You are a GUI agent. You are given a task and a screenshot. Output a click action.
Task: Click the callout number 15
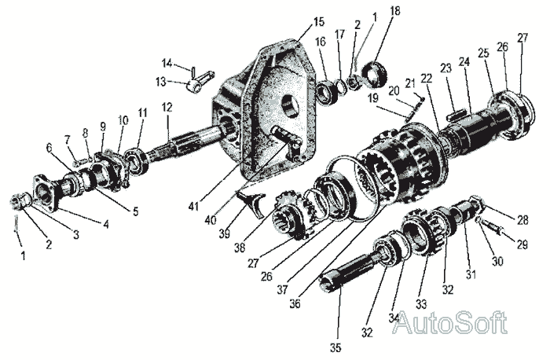click(x=295, y=20)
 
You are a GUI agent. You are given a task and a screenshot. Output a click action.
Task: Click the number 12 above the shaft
click(x=167, y=106)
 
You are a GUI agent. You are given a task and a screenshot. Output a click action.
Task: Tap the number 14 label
click(x=167, y=63)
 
